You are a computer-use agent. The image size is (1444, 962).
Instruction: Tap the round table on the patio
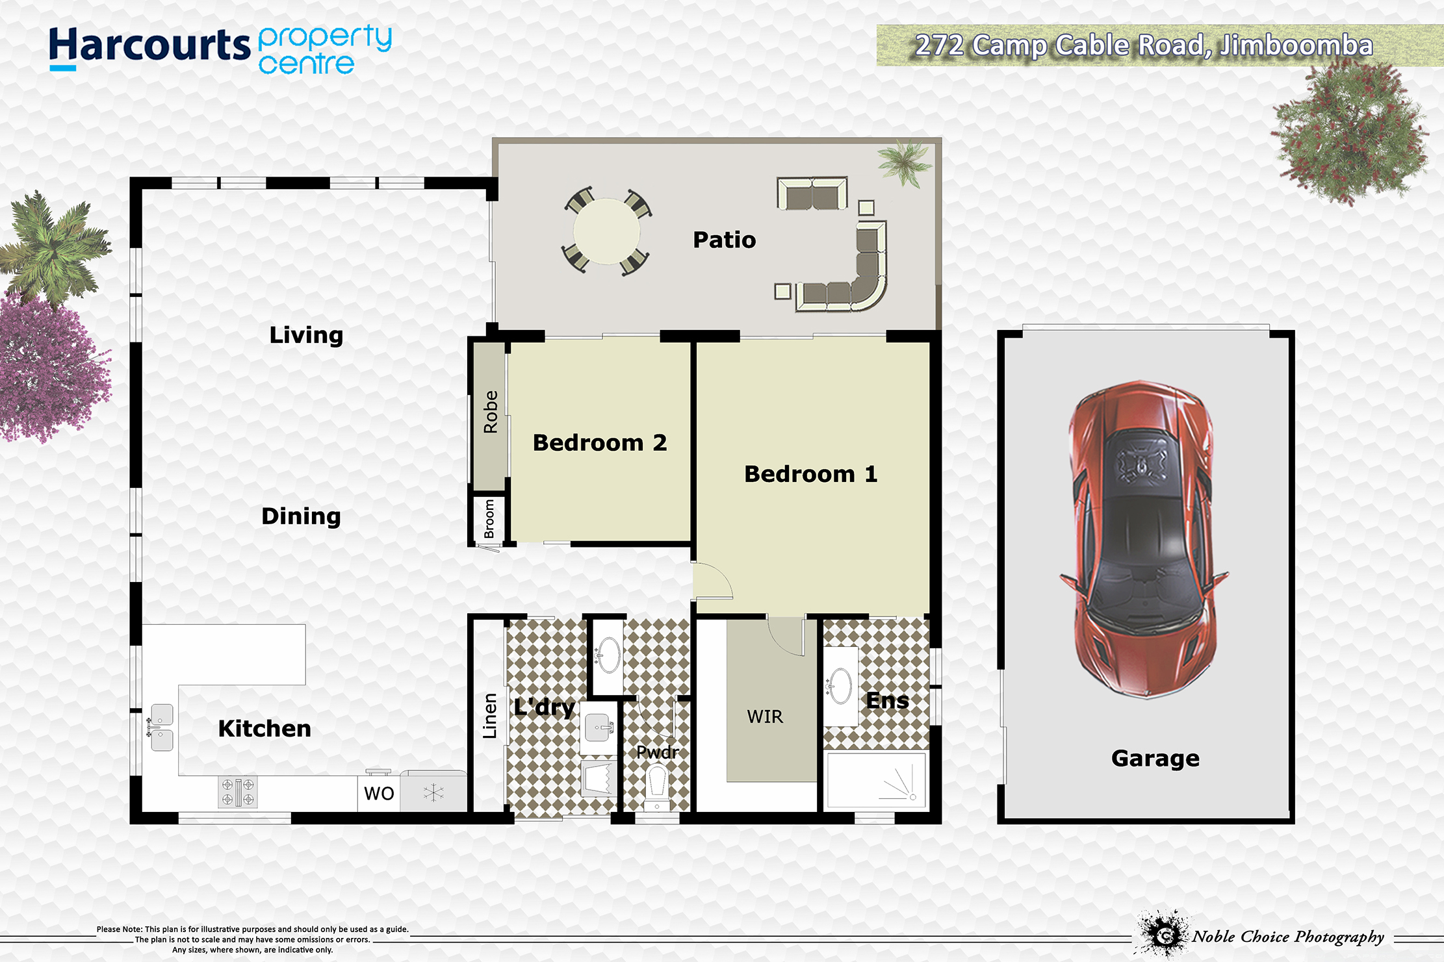[x=606, y=231]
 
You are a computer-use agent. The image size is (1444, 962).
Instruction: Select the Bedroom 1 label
[x=810, y=474]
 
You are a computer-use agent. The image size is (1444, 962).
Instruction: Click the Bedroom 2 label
[x=599, y=442]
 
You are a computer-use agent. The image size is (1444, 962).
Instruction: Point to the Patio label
[x=724, y=240]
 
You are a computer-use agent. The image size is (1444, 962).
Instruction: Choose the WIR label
[x=765, y=716]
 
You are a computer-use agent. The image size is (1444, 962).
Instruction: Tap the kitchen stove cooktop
[x=238, y=792]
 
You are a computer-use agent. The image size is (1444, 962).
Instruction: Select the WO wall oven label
[x=379, y=793]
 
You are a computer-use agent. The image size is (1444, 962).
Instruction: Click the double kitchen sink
[x=161, y=728]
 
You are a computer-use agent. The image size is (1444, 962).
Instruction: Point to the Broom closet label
[x=489, y=519]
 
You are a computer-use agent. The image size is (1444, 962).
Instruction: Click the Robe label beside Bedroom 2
[x=490, y=412]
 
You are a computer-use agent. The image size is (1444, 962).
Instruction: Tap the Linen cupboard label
[x=489, y=716]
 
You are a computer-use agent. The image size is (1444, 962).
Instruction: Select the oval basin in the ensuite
[x=840, y=686]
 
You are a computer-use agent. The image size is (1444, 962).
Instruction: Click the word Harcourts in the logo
[x=149, y=46]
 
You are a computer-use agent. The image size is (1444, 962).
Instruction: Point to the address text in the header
[x=1144, y=45]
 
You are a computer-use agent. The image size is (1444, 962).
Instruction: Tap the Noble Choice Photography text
[x=1288, y=937]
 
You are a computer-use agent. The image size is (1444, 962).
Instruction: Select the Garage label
[x=1155, y=758]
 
